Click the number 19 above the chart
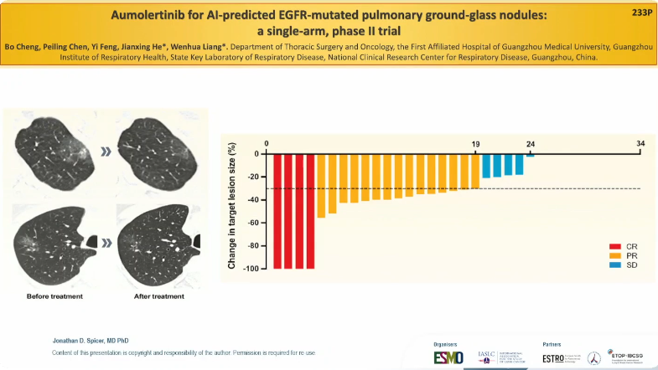coord(475,144)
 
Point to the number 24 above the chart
coord(530,144)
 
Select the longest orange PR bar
coord(321,186)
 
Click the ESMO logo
coord(448,357)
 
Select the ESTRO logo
coord(557,357)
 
